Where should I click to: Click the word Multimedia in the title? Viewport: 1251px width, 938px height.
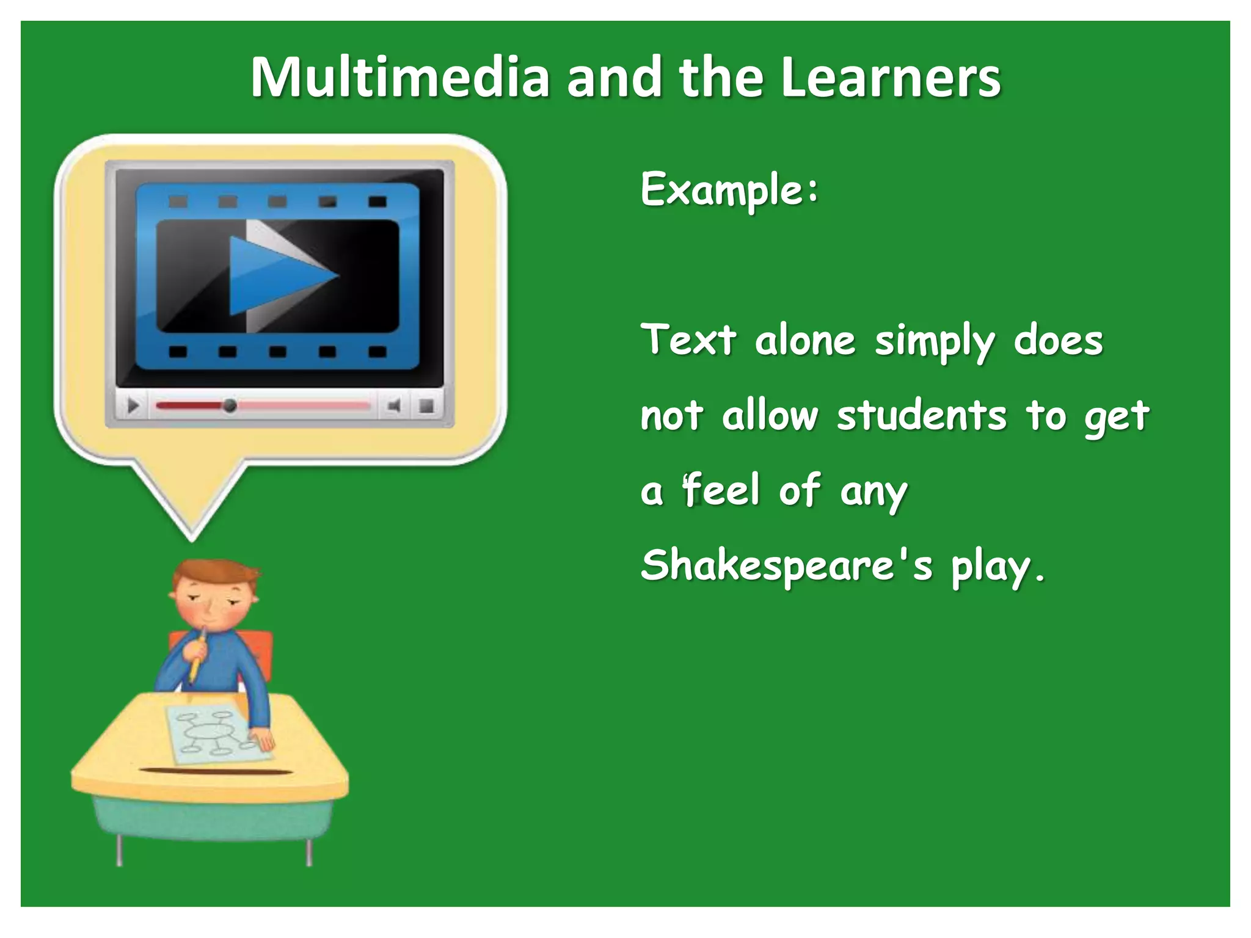(399, 78)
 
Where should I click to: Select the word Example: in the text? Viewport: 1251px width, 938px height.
(729, 190)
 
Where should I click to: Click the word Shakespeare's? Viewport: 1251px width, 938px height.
(787, 565)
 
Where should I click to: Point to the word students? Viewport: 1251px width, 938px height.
(921, 416)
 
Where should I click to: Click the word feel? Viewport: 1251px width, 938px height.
(721, 490)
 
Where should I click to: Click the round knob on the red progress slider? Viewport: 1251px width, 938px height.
(230, 405)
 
